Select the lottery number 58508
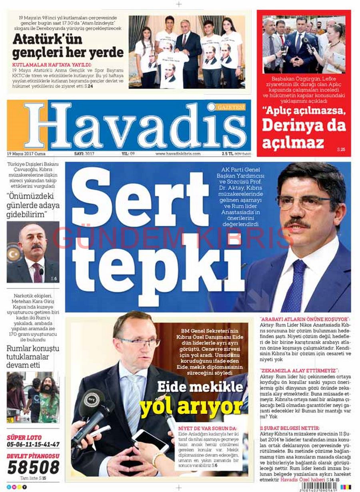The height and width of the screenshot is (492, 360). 33,467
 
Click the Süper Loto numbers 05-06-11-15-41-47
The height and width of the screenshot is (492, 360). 33,444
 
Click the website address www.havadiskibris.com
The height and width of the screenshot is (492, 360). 178,154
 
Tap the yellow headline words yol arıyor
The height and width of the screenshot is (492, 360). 191,407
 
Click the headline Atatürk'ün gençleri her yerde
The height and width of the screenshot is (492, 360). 68,46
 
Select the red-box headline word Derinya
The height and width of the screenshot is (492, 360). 304,125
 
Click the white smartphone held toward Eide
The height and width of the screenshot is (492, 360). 150,440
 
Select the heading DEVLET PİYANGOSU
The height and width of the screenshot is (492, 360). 33,456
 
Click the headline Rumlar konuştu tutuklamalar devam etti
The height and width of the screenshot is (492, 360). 33,356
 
